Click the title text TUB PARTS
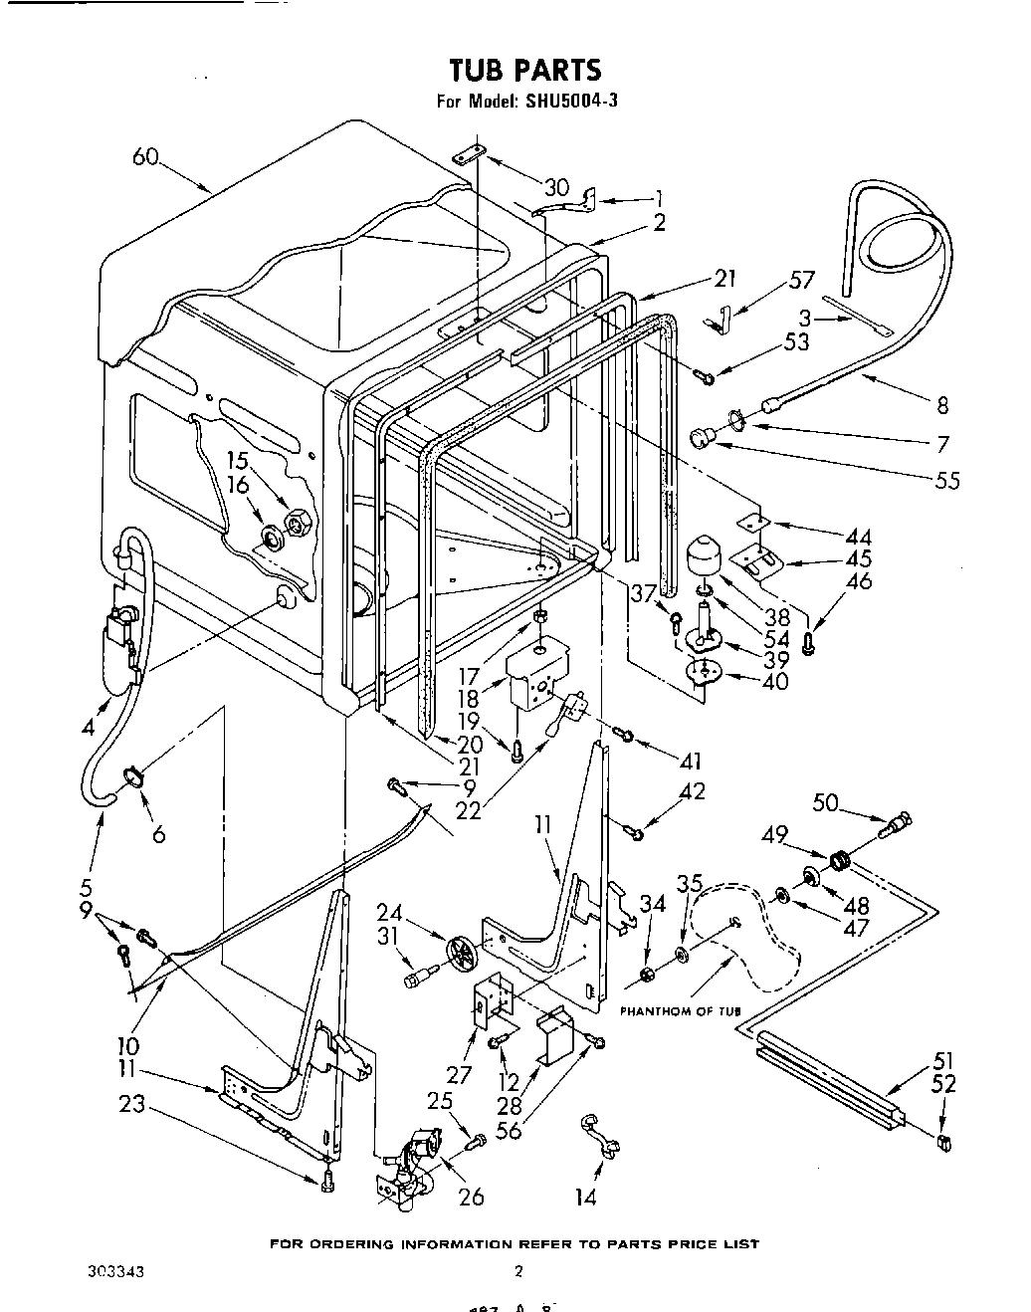tap(525, 70)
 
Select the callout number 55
tap(947, 480)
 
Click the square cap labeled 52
tap(940, 1142)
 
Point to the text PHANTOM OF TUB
tap(682, 1011)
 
